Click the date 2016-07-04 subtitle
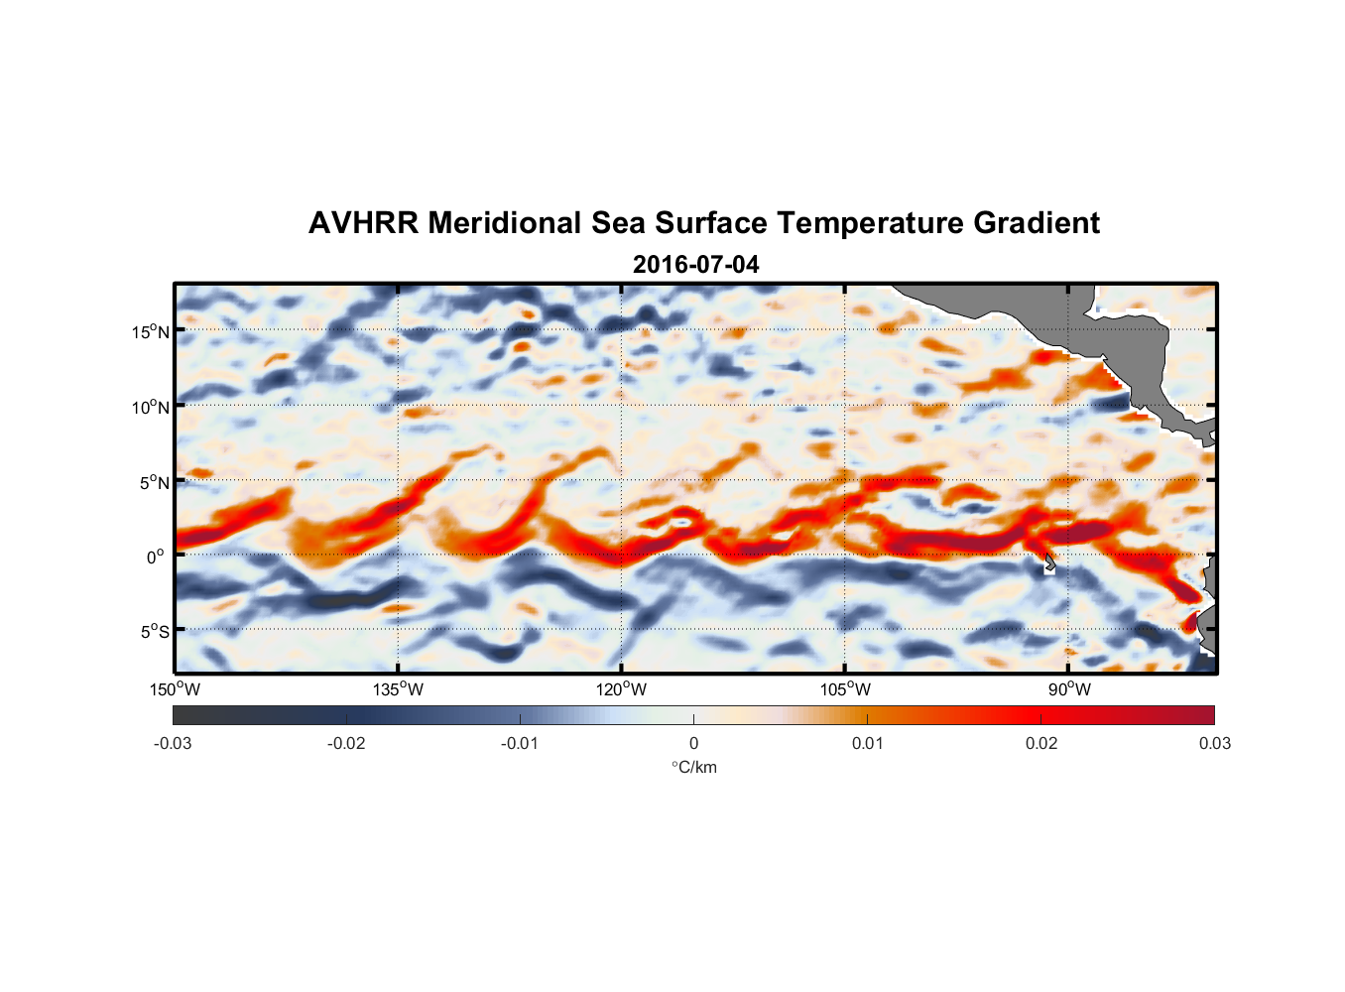[695, 265]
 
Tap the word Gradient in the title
[1036, 223]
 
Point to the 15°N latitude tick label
[150, 331]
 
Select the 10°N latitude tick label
[150, 407]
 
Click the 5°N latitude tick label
[154, 482]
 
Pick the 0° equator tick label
[155, 557]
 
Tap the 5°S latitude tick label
[154, 631]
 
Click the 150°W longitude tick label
[175, 689]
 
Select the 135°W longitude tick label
[398, 689]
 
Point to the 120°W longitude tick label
[621, 689]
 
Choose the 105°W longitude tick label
[844, 689]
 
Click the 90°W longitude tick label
[1069, 689]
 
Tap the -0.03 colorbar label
[173, 743]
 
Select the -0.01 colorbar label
[520, 743]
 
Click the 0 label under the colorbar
[693, 743]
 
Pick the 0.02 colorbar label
[1041, 743]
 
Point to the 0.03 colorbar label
[1214, 743]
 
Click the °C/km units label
[694, 767]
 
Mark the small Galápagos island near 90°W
[1049, 564]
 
